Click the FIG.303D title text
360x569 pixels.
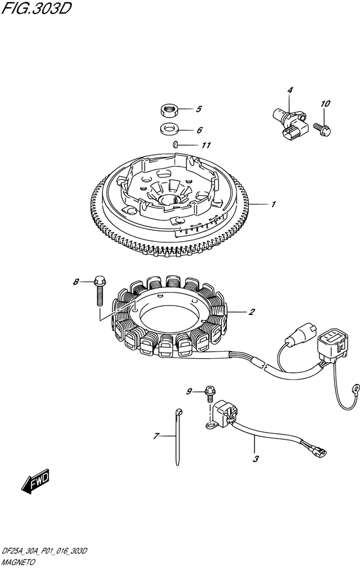[36, 8]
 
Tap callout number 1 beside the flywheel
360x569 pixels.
[273, 204]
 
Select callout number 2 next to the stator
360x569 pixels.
[251, 312]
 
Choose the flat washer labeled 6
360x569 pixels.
[168, 129]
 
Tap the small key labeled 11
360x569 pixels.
[175, 145]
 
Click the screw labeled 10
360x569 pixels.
[323, 129]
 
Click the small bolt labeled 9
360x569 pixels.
[210, 395]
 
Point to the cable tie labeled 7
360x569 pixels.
[177, 437]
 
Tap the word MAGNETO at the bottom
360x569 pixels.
[19, 562]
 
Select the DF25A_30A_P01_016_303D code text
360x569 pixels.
[44, 551]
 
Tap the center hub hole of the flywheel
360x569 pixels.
[169, 199]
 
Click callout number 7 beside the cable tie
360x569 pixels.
[156, 436]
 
